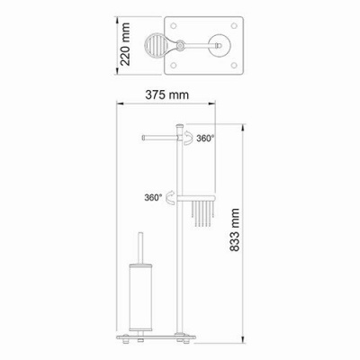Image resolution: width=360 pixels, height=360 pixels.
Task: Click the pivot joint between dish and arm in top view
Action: point(184,43)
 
